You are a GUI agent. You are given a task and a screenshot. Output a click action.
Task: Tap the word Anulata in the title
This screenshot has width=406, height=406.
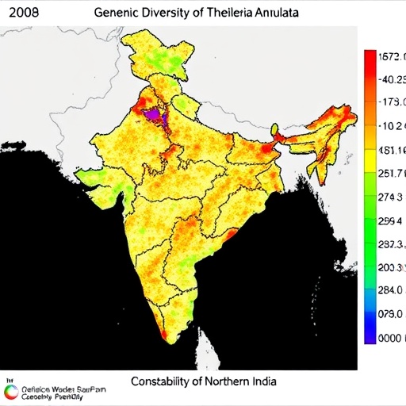281,13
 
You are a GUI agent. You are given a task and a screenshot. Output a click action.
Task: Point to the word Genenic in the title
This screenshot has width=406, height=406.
116,13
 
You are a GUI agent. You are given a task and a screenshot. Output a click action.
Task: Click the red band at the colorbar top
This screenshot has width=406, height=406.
370,63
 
